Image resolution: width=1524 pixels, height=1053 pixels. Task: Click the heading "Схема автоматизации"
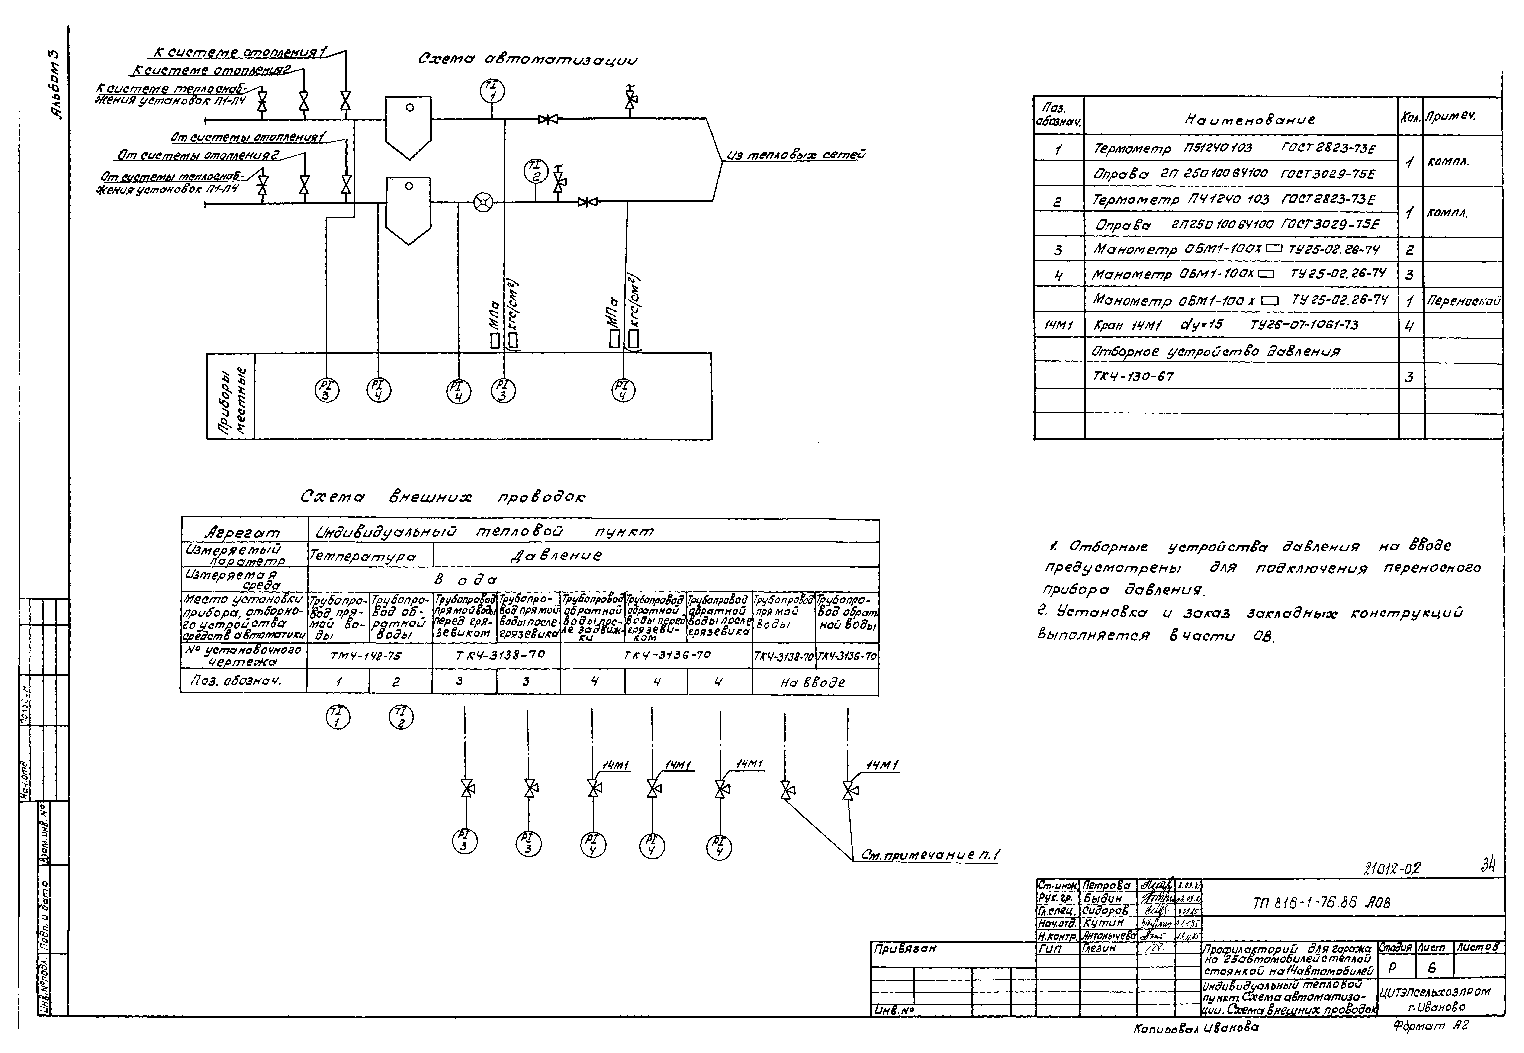pyautogui.click(x=528, y=59)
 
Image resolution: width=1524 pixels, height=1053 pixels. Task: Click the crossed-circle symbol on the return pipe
pyautogui.click(x=483, y=202)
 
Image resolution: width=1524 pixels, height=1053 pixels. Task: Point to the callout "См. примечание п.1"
pyautogui.click(x=930, y=856)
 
